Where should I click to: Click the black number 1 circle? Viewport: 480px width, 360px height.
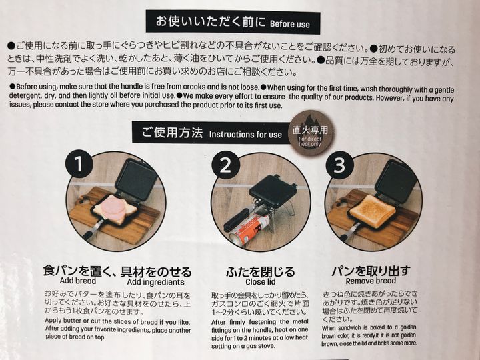coord(79,164)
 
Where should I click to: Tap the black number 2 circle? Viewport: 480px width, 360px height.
coord(225,165)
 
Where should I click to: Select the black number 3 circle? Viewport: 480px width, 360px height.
coord(339,165)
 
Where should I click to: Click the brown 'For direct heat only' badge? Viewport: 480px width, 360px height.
coord(310,133)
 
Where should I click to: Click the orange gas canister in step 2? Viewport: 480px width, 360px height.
coord(249,228)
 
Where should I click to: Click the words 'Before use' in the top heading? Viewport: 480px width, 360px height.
coord(290,24)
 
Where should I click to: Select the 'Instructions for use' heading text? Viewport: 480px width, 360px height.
coord(245,135)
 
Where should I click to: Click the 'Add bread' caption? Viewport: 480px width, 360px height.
coord(78,281)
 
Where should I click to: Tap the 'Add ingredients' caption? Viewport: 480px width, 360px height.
coord(155,281)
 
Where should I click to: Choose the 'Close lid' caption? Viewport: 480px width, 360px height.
coord(261,281)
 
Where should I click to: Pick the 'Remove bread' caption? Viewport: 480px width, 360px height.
coord(371,281)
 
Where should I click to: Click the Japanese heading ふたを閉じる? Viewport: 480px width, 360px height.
coord(261,271)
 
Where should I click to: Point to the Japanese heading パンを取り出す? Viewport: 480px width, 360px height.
coord(371,271)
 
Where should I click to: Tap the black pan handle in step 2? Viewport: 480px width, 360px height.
coord(237,219)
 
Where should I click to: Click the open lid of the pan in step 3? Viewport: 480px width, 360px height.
coord(396,181)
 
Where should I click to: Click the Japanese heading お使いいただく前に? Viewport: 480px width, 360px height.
coord(211,21)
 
